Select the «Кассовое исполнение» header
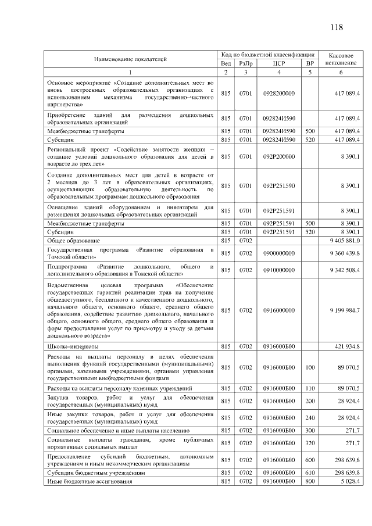pos(341,58)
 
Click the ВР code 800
pos(310,482)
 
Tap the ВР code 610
pos(310,474)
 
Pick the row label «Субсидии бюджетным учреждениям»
pos(92,474)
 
